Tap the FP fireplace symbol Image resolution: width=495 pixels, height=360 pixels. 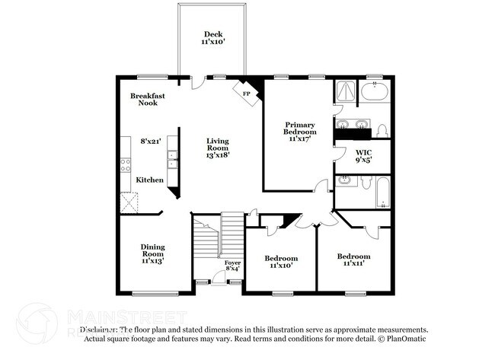click(x=246, y=93)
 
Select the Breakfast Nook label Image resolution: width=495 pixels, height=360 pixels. click(x=148, y=99)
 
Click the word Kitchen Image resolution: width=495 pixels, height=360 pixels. click(x=150, y=180)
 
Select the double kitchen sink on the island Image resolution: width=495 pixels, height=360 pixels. click(x=173, y=158)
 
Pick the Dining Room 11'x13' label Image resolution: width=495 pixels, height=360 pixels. click(x=152, y=253)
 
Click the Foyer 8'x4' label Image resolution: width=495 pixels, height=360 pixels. click(x=232, y=266)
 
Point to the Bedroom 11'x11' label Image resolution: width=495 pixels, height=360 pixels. click(x=353, y=260)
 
